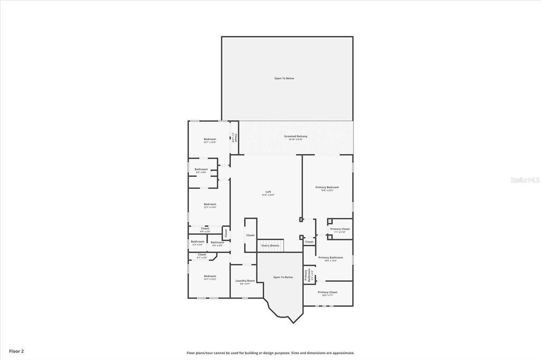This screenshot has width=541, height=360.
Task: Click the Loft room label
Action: pyautogui.click(x=268, y=191)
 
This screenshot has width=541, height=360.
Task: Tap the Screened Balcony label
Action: pyautogui.click(x=295, y=136)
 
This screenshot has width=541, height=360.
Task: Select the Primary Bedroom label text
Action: pyautogui.click(x=327, y=187)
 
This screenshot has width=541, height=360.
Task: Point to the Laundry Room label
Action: pyautogui.click(x=245, y=281)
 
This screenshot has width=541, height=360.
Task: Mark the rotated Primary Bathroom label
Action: pyautogui.click(x=306, y=275)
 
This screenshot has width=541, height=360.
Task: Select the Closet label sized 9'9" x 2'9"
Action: pyautogui.click(x=205, y=230)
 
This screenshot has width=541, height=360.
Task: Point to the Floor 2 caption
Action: pyautogui.click(x=16, y=350)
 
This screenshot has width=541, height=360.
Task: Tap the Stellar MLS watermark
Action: pyautogui.click(x=525, y=179)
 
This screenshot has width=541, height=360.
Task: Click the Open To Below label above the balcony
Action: pyautogui.click(x=284, y=78)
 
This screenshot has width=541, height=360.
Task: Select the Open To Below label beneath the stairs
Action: pyautogui.click(x=283, y=277)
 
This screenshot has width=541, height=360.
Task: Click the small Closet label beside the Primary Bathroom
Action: pyautogui.click(x=309, y=242)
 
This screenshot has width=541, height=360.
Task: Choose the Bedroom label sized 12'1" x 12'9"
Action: pyautogui.click(x=210, y=140)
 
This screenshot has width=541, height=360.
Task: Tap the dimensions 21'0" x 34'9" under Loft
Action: pyautogui.click(x=268, y=195)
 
